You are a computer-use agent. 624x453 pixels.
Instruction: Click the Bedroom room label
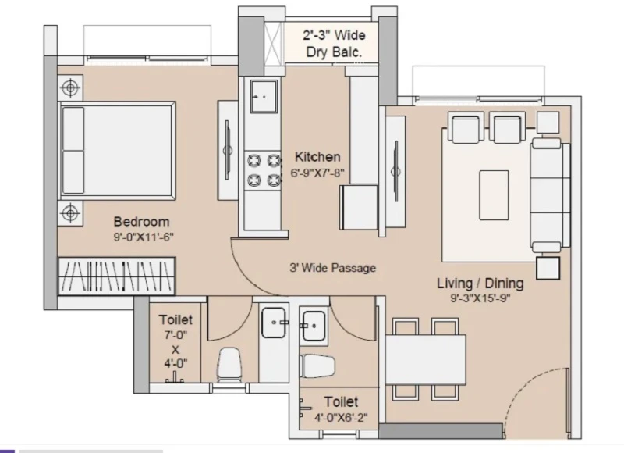pos(141,222)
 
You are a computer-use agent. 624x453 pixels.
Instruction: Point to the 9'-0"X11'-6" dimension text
pos(144,237)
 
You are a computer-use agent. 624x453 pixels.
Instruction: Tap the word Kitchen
pos(317,157)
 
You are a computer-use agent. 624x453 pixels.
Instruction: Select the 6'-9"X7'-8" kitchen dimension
pos(317,173)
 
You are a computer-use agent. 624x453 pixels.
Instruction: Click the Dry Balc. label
pos(334,52)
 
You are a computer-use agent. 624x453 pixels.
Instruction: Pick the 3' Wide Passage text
pos(333,268)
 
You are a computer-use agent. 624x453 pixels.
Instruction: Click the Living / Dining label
pos(480,284)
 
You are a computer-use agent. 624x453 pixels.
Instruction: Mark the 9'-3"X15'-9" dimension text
pos(480,298)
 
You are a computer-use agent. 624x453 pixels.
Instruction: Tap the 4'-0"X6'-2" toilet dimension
pos(341,418)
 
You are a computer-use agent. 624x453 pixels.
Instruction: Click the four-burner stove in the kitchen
pos(263,170)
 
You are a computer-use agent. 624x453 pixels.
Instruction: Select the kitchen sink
pos(264,96)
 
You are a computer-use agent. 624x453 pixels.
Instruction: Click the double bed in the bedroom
pos(118,151)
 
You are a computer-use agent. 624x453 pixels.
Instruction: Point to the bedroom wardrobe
pos(117,276)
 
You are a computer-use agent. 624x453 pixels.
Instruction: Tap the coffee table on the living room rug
pos(494,195)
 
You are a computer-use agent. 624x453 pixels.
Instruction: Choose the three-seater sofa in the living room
pos(550,195)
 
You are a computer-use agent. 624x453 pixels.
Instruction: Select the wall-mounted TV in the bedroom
pos(228,150)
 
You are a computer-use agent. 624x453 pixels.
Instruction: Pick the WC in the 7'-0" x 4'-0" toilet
pos(229,365)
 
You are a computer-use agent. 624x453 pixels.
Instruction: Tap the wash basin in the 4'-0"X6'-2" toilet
pos(314,326)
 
